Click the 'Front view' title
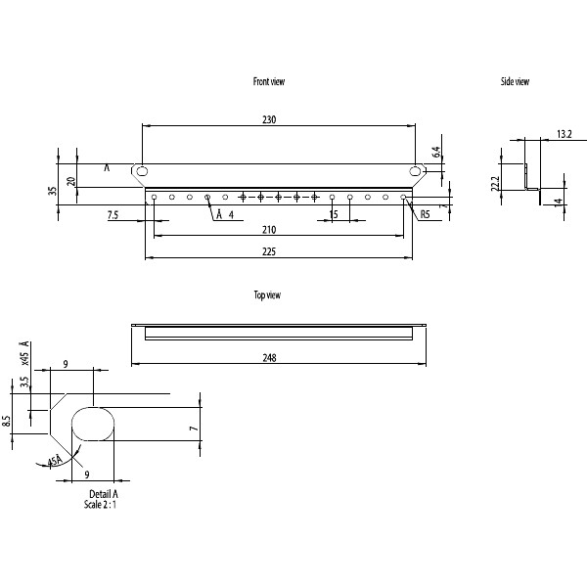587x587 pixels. pos(269,82)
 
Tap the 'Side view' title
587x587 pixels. pos(515,82)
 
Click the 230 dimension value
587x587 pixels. pos(269,119)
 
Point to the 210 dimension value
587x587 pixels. pos(269,230)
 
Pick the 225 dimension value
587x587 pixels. pos(269,251)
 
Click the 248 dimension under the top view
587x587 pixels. pos(270,358)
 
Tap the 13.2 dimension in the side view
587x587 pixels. pos(564,133)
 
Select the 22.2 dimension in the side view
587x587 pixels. pos(496,183)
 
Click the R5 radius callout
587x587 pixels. pos(426,214)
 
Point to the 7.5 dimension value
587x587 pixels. pos(113,214)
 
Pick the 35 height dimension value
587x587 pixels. pos(53,191)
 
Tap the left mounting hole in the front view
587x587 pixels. pos(143,171)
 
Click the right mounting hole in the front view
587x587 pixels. pos(416,171)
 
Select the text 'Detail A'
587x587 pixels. pos(103,494)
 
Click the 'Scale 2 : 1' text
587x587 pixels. pos(104,505)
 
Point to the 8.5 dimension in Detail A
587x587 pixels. pos(7,422)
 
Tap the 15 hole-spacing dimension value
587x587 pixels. pos(334,214)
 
